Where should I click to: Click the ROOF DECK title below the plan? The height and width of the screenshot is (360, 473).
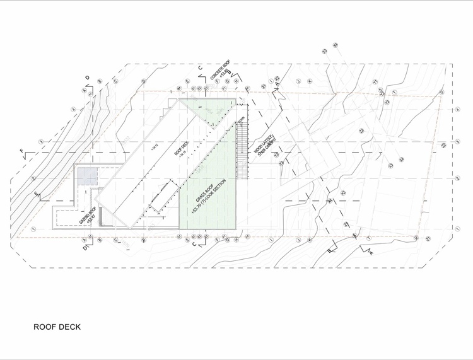click(57, 328)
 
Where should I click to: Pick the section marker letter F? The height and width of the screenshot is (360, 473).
click(22, 151)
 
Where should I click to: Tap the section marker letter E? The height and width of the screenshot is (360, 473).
click(36, 193)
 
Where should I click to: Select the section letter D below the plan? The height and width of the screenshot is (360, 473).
click(85, 248)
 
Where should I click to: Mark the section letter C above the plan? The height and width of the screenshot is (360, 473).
click(200, 66)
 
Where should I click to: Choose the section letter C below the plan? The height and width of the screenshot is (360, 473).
click(195, 244)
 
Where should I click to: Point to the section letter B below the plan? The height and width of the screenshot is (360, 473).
click(329, 250)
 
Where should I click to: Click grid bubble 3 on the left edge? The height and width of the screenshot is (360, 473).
click(41, 142)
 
